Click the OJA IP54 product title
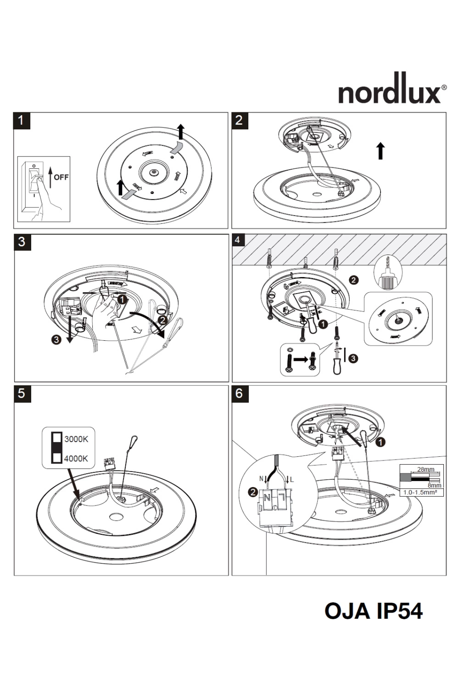tap(373, 611)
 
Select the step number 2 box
tap(239, 121)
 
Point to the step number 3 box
tap(22, 242)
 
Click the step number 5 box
tap(22, 394)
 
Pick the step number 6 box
tap(239, 394)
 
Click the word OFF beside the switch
tap(61, 177)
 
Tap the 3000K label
tap(76, 439)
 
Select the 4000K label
tap(76, 458)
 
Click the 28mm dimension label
tap(425, 469)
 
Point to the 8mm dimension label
tap(434, 485)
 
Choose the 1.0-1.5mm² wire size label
tap(420, 492)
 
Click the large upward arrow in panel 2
tap(380, 150)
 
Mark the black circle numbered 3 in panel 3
tap(56, 340)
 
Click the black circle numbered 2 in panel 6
tap(252, 493)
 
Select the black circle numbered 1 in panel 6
tap(381, 442)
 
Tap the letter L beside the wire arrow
tap(292, 480)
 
